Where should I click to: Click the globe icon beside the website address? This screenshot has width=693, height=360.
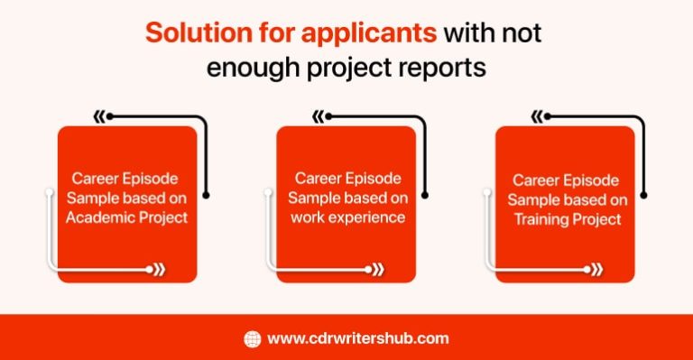pyautogui.click(x=253, y=339)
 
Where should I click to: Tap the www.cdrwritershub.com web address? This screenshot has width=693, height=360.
pyautogui.click(x=358, y=339)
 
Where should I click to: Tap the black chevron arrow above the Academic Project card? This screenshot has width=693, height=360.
pyautogui.click(x=100, y=116)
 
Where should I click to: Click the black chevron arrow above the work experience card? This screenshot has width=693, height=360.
pyautogui.click(x=319, y=116)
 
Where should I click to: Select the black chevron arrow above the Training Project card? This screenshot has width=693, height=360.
pyautogui.click(x=538, y=116)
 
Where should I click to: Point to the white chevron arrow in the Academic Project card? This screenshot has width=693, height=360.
pyautogui.click(x=158, y=268)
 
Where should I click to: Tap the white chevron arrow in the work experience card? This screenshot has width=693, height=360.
pyautogui.click(x=377, y=268)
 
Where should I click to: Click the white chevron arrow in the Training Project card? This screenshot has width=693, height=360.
pyautogui.click(x=596, y=268)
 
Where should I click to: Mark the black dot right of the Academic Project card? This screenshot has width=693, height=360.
pyautogui.click(x=207, y=194)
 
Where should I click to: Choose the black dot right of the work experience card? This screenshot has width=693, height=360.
pyautogui.click(x=426, y=194)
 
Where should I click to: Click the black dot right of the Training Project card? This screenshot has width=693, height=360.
pyautogui.click(x=645, y=194)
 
